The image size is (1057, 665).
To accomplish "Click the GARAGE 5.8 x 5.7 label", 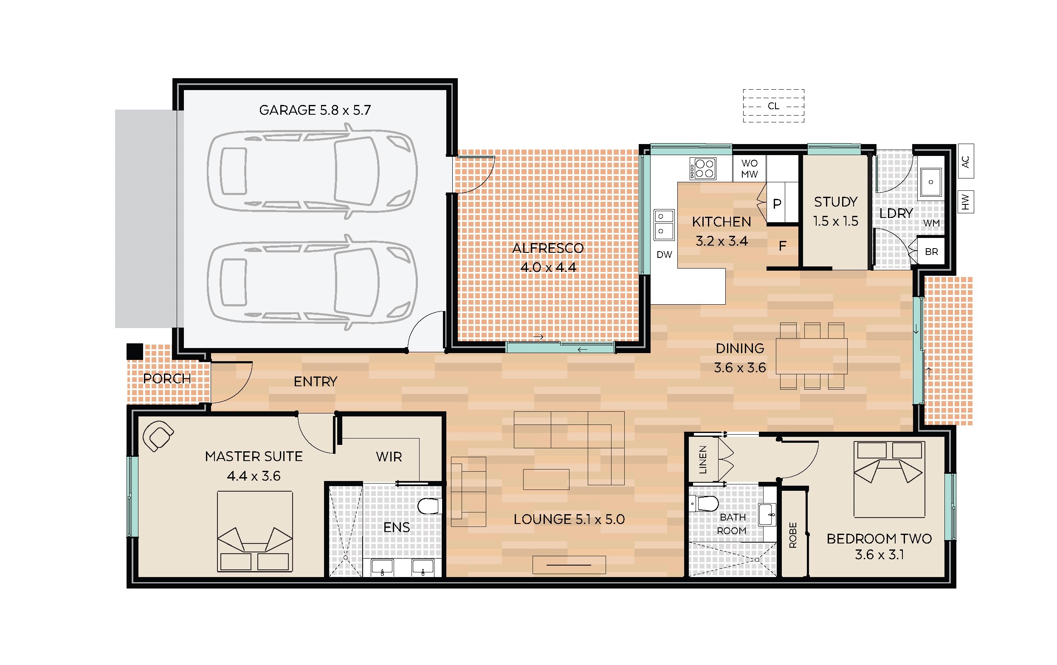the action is coord(315,110).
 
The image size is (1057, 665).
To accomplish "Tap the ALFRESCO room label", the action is coord(548,248).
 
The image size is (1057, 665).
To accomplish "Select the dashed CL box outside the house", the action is coord(773,106).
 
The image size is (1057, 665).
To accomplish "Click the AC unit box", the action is coord(966,161).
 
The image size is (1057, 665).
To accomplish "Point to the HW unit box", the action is coord(966,202).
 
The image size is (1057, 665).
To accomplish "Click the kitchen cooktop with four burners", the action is coord(703,169).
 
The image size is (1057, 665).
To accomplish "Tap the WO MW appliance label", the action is coord(749,169).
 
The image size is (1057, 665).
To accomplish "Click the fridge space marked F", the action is coord(782,246).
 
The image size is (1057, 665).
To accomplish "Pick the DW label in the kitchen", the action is coord(664,255).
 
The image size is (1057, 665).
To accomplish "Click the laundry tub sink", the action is coord(930,182).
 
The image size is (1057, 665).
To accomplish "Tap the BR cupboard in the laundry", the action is coord(931,252).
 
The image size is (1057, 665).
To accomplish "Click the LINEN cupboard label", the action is coord(703,460).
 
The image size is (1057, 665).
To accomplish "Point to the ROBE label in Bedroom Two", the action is coord(793,535).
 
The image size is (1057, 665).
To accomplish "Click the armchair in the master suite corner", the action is coord(158,436).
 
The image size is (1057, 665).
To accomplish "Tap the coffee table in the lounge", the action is coord(546,479).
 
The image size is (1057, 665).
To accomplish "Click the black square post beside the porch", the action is coord(135,351).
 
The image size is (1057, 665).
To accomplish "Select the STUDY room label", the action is coord(836,202).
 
